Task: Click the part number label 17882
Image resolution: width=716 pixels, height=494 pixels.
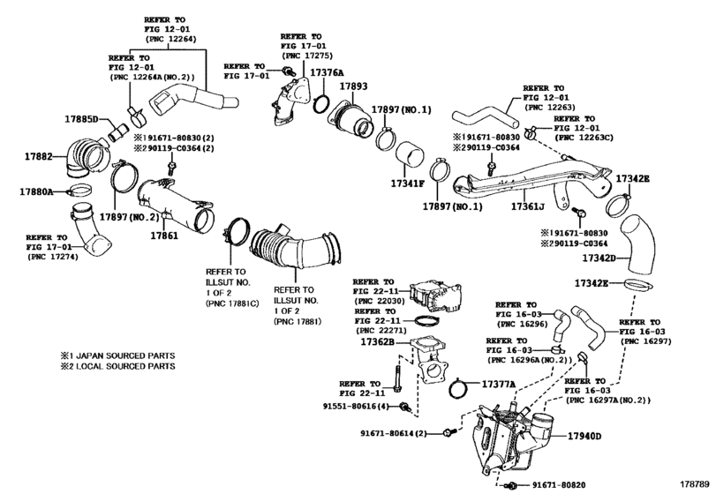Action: pyautogui.click(x=38, y=156)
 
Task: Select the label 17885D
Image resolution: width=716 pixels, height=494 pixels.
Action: pyautogui.click(x=81, y=119)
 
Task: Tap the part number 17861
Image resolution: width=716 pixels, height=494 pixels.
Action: pyautogui.click(x=164, y=236)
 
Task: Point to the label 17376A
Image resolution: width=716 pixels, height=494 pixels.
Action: pyautogui.click(x=327, y=72)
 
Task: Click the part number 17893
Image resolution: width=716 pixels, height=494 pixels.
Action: pyautogui.click(x=353, y=86)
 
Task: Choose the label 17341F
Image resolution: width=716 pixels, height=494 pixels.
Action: pyautogui.click(x=407, y=183)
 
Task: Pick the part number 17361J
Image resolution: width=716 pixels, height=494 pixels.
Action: pyautogui.click(x=527, y=206)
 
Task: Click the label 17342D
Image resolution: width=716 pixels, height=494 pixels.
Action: pyautogui.click(x=599, y=258)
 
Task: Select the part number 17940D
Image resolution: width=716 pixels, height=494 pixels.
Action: pyautogui.click(x=584, y=436)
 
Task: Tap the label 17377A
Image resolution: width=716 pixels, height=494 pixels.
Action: pyautogui.click(x=499, y=384)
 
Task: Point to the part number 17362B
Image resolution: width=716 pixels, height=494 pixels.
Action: pyautogui.click(x=378, y=341)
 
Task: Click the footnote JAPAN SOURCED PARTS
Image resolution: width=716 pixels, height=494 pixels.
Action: pyautogui.click(x=125, y=356)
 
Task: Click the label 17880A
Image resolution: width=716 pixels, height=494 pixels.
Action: pyautogui.click(x=36, y=191)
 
